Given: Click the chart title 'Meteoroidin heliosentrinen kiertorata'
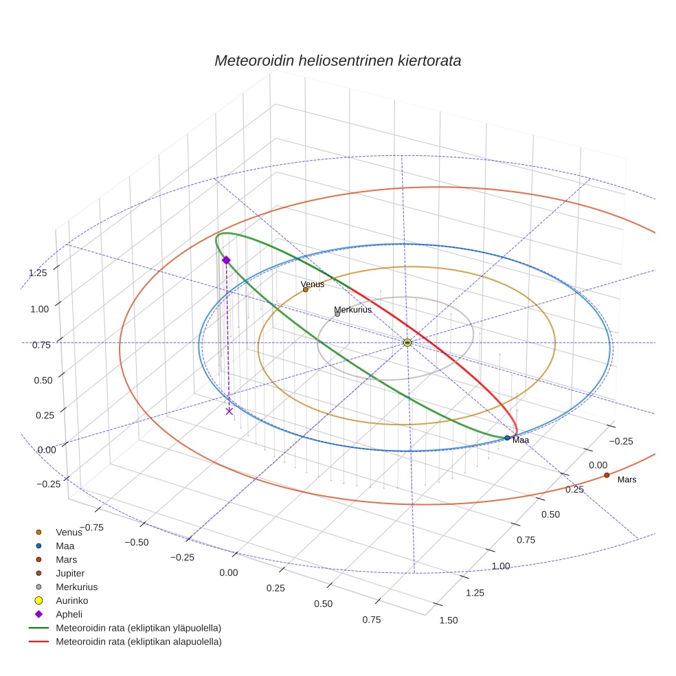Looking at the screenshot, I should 337,60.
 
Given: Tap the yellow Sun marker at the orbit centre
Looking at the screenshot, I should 407,342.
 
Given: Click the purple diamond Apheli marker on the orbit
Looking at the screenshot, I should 226,260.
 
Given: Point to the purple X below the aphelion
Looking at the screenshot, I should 229,411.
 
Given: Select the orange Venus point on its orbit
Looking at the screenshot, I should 306,290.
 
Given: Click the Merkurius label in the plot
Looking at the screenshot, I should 352,310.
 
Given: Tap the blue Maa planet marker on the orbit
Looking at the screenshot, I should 507,438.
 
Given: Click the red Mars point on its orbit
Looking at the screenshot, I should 607,475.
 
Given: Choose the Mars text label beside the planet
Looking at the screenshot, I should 627,480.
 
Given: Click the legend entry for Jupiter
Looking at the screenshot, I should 70,573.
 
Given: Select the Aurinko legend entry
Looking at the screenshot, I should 71,600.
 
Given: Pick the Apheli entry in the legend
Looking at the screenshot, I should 69,614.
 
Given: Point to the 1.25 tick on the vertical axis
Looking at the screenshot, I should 38,272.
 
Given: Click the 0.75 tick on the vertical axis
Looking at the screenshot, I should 42,345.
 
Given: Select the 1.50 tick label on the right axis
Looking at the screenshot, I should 448,620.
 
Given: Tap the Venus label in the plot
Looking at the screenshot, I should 313,284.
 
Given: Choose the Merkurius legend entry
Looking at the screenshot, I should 76,587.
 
